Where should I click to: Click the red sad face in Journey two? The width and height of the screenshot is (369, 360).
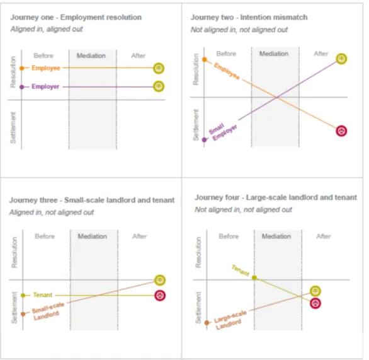tap(341, 131)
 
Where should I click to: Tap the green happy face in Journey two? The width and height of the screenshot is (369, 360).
tap(341, 59)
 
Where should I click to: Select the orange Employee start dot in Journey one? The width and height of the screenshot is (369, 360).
tap(21, 68)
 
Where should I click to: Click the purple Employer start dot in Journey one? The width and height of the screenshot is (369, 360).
tap(21, 87)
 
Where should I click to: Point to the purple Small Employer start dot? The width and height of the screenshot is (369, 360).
tap(204, 140)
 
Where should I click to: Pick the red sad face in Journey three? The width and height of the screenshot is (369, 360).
tap(160, 296)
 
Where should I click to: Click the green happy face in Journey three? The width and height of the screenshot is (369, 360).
tap(160, 280)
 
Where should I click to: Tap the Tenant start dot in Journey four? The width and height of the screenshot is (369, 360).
tap(254, 278)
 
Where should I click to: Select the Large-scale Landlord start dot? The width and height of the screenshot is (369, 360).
tap(207, 323)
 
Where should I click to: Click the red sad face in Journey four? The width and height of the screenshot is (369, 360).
tap(315, 303)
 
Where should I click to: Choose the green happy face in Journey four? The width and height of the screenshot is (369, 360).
tap(315, 291)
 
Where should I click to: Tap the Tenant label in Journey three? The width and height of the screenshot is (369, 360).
tap(43, 295)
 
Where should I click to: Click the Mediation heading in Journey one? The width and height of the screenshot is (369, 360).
tap(91, 55)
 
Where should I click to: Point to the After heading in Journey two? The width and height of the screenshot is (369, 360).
tap(321, 54)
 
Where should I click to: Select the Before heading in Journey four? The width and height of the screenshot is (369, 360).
tap(229, 236)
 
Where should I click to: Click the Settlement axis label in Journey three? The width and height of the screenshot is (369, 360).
tap(14, 308)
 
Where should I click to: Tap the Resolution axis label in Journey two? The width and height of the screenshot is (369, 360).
tap(196, 69)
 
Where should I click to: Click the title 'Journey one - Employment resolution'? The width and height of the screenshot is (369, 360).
tap(76, 17)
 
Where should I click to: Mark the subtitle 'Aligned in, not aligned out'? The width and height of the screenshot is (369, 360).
tap(52, 212)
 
